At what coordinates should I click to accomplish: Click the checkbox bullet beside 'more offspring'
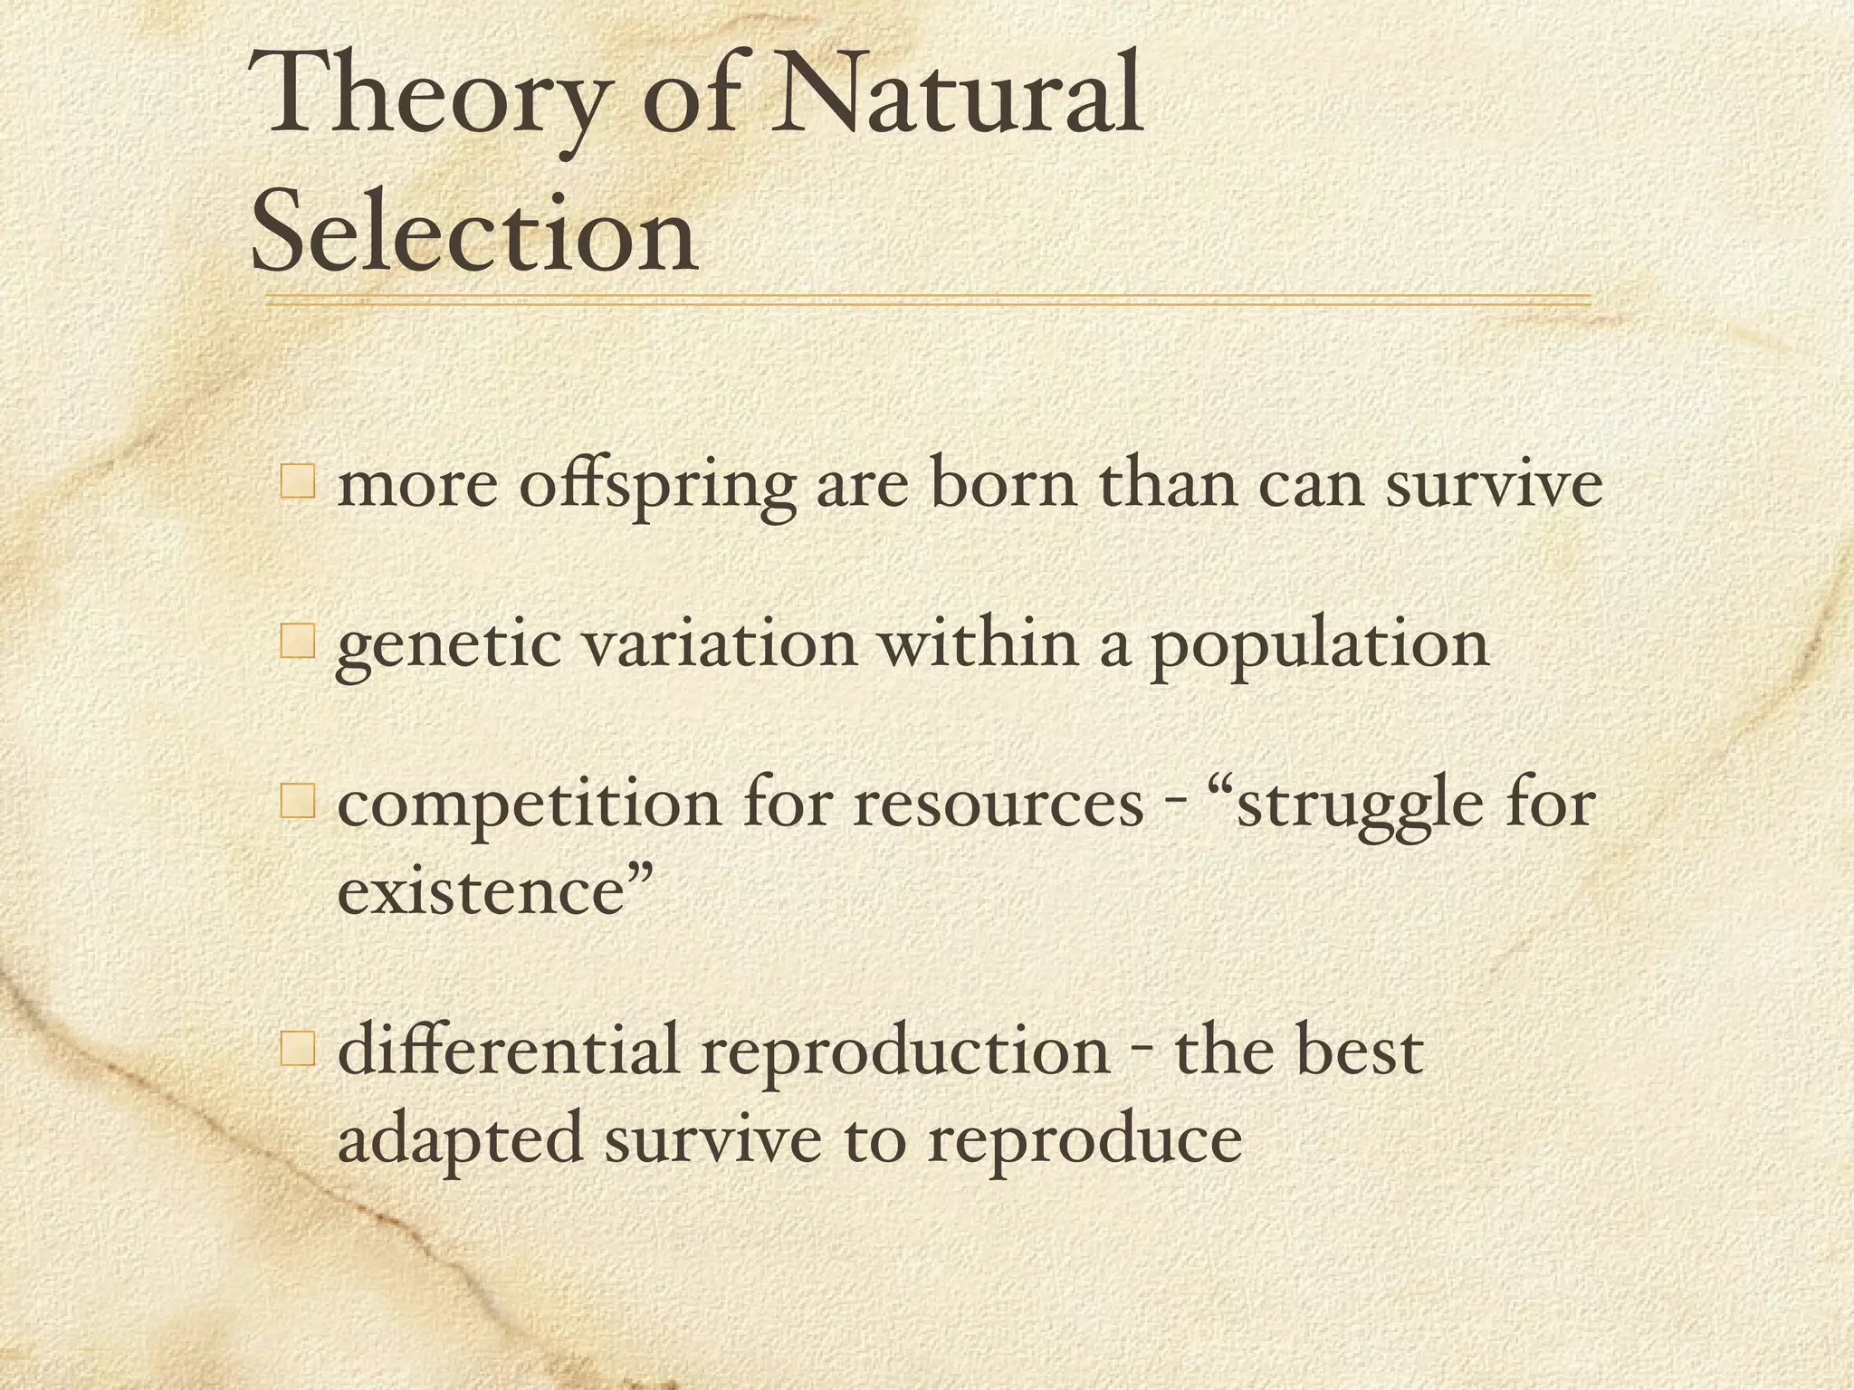pos(298,481)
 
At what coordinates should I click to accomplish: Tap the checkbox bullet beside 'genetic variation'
pos(298,643)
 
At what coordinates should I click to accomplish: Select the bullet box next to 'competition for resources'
pos(298,802)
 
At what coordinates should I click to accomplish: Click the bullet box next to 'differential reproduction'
pos(298,1050)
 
